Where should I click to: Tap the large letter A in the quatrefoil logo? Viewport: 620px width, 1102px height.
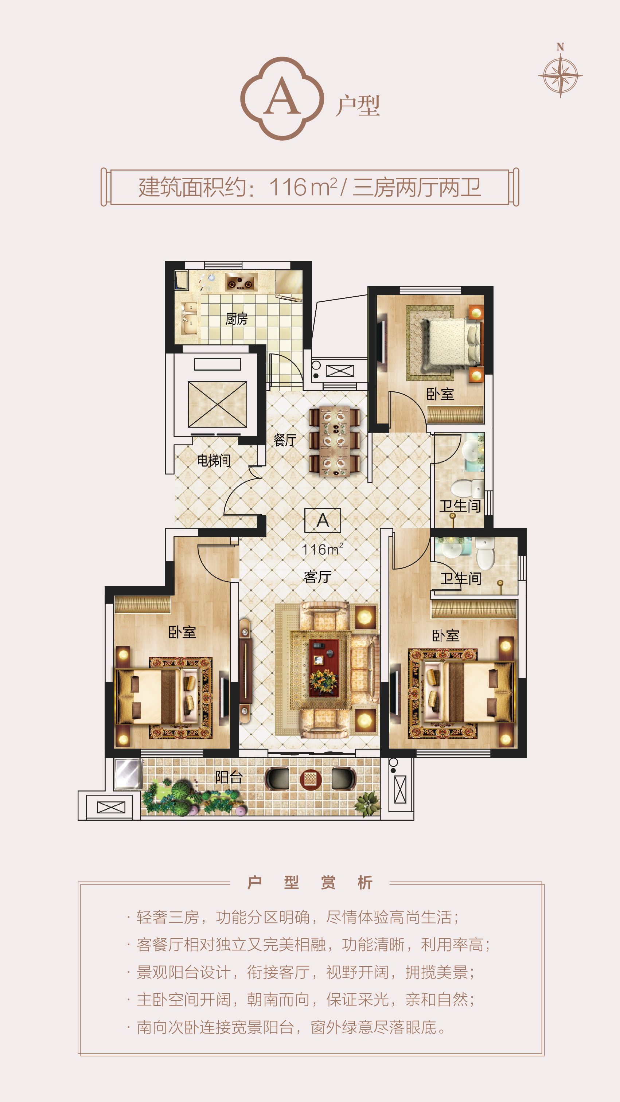pyautogui.click(x=282, y=96)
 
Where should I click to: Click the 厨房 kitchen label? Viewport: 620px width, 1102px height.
pyautogui.click(x=236, y=319)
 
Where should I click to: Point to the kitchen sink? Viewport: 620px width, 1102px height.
pyautogui.click(x=189, y=317)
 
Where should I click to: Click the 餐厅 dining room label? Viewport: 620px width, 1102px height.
pyautogui.click(x=285, y=440)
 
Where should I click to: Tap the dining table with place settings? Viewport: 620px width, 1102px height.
pyautogui.click(x=334, y=441)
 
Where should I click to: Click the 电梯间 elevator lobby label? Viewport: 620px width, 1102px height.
pyautogui.click(x=214, y=460)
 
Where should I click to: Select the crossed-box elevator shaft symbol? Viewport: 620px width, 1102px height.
pyautogui.click(x=217, y=404)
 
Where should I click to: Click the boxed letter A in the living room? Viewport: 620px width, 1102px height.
pyautogui.click(x=323, y=520)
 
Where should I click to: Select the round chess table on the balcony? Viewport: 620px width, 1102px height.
pyautogui.click(x=311, y=779)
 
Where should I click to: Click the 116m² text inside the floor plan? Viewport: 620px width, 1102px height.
pyautogui.click(x=322, y=549)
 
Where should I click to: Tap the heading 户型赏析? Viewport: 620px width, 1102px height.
pyautogui.click(x=310, y=883)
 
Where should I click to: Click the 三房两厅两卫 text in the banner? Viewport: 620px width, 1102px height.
pyautogui.click(x=417, y=187)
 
